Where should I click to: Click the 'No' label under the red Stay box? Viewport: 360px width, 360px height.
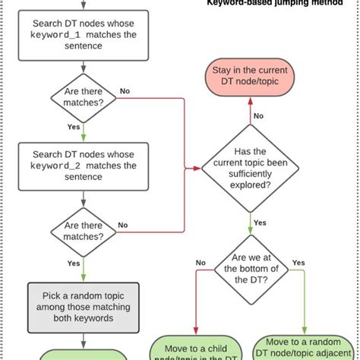258,115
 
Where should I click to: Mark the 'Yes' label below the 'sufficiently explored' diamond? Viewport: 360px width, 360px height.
259,223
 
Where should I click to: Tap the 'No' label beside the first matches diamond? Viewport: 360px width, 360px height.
124,91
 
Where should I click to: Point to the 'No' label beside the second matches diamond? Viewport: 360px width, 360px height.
123,225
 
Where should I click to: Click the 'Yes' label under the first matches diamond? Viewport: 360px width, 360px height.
74,128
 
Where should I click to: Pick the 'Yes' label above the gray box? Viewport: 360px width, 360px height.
74,264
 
